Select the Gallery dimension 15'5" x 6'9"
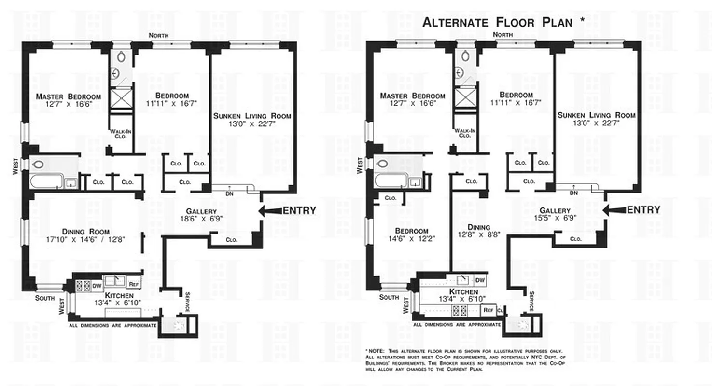(x=555, y=218)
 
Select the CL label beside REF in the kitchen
(x=500, y=310)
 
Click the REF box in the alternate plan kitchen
(x=488, y=310)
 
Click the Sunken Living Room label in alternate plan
(x=596, y=119)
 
